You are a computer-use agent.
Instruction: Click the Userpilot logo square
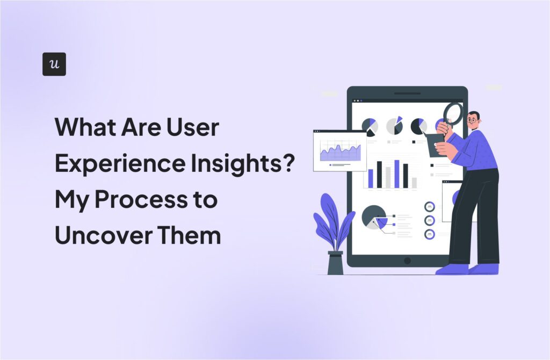[54, 64]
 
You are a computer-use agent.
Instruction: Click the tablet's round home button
[407, 261]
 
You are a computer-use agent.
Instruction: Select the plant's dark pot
[335, 263]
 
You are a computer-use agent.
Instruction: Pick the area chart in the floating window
[339, 152]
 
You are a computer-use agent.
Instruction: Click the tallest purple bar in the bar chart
[397, 174]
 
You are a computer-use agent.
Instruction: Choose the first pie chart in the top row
[370, 127]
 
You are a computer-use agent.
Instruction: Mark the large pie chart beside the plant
[374, 217]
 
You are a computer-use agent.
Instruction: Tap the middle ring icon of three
[429, 220]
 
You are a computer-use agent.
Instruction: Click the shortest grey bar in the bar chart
[414, 183]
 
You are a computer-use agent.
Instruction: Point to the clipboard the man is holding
[435, 145]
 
